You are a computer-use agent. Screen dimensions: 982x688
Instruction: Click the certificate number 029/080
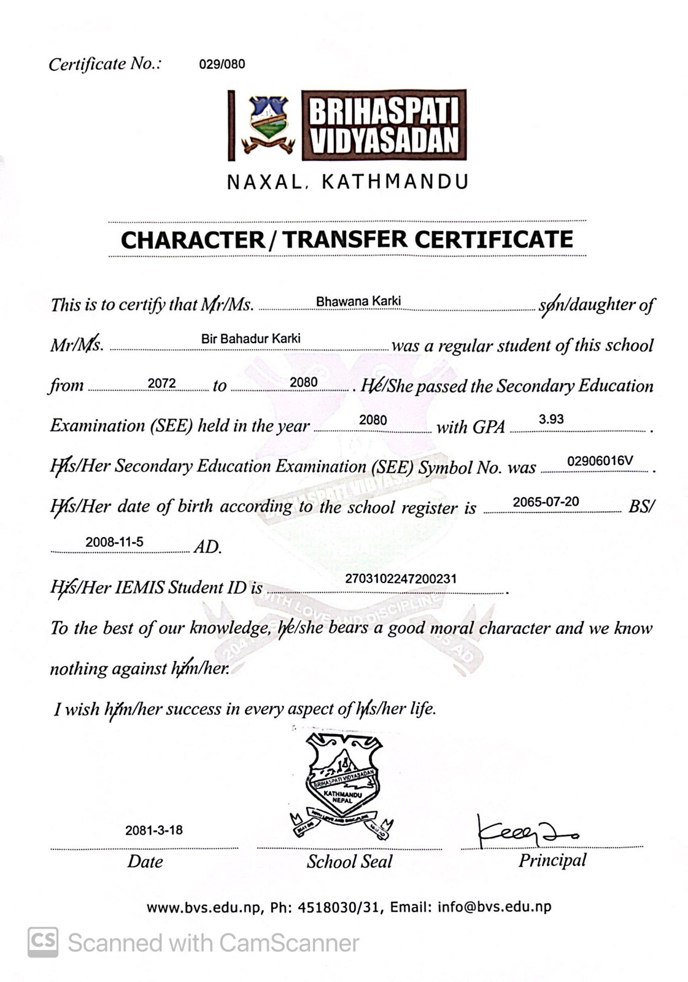pyautogui.click(x=222, y=64)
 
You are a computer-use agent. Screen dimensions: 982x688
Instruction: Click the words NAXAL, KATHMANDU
pyautogui.click(x=348, y=182)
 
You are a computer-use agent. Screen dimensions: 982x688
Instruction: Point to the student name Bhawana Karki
pyautogui.click(x=358, y=301)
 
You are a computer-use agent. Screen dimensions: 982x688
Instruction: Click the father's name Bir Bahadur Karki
pyautogui.click(x=251, y=339)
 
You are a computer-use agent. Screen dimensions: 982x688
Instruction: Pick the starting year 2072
pyautogui.click(x=162, y=384)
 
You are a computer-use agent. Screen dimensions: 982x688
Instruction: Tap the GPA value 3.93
pyautogui.click(x=551, y=419)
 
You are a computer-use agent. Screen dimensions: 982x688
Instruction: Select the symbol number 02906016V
pyautogui.click(x=600, y=461)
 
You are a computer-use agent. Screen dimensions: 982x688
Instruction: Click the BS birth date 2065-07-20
pyautogui.click(x=546, y=502)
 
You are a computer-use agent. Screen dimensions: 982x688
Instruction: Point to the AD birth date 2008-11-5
pyautogui.click(x=114, y=542)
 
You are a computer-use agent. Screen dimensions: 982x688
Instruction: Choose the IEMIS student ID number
pyautogui.click(x=401, y=579)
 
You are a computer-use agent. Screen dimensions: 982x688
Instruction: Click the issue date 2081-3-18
pyautogui.click(x=154, y=830)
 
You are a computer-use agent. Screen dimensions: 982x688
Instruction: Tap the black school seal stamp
pyautogui.click(x=342, y=784)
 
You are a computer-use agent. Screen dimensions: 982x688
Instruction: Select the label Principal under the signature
pyautogui.click(x=552, y=860)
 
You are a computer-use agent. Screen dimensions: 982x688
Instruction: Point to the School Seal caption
pyautogui.click(x=349, y=862)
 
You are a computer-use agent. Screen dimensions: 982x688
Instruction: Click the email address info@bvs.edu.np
pyautogui.click(x=495, y=907)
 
